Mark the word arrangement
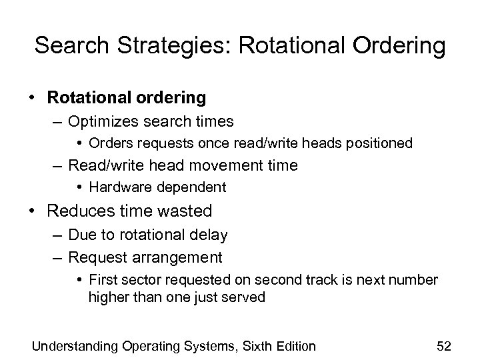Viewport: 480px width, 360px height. [x=182, y=257]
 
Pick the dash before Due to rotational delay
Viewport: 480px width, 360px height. [x=55, y=235]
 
